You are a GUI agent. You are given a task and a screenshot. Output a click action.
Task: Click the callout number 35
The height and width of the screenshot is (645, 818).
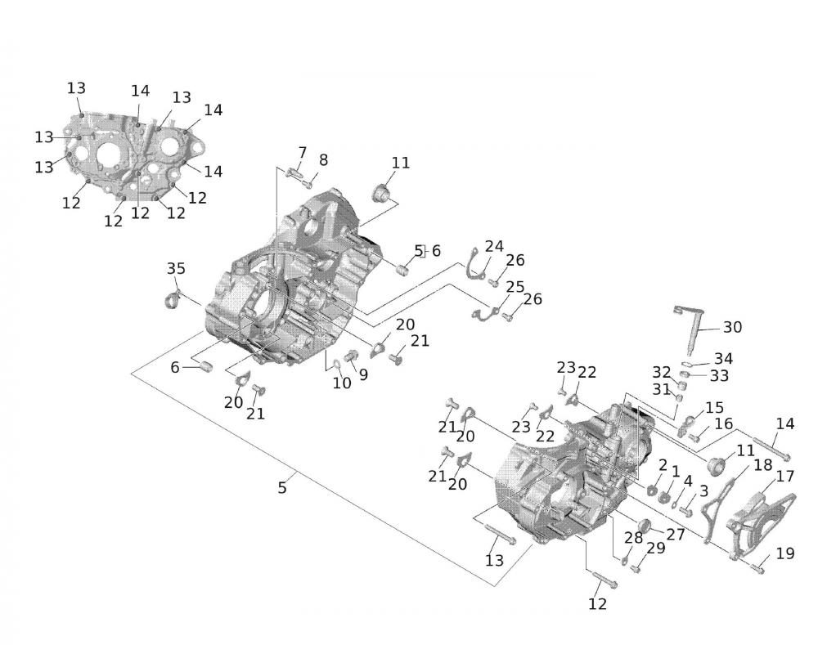[176, 268]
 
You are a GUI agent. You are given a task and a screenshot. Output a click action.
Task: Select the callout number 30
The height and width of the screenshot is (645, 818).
[732, 327]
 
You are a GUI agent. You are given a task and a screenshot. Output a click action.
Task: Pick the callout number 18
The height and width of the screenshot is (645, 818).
[763, 465]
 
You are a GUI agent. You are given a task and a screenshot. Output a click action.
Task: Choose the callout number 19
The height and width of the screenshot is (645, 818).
[785, 553]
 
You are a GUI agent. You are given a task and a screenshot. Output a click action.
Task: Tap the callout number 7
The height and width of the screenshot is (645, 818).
[303, 153]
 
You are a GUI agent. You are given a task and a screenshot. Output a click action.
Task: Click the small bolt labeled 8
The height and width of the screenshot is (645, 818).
[309, 184]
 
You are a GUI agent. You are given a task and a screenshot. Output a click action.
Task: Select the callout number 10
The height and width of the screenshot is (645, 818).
[342, 383]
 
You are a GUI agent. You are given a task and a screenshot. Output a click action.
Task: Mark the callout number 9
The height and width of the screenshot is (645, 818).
[363, 374]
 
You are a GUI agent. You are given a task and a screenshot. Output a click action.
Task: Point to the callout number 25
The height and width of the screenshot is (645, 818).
[515, 287]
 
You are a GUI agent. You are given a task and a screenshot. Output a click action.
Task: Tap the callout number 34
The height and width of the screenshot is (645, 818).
[724, 359]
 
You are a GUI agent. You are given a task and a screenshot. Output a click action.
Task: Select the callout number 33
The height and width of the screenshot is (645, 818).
[719, 375]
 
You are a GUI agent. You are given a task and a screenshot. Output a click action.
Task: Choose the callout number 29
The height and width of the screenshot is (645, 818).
[656, 548]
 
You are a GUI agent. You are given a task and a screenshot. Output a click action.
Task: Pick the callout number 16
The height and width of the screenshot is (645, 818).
[724, 424]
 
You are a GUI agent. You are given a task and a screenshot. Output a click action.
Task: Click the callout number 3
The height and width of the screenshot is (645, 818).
[703, 490]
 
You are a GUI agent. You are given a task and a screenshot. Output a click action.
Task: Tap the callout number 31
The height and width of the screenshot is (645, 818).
[662, 389]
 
